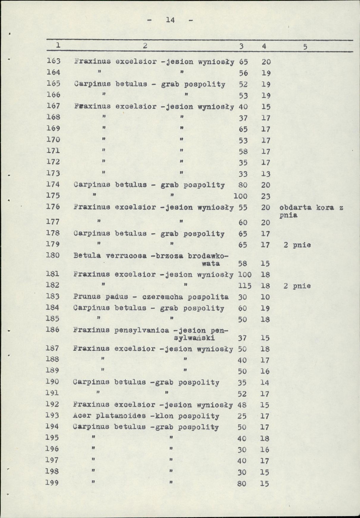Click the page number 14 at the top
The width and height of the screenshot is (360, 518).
(x=169, y=19)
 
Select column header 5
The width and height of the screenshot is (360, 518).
(x=305, y=47)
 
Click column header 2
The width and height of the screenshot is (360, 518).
(x=146, y=45)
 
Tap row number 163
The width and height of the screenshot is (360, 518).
(x=53, y=61)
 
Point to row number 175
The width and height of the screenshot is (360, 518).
(x=53, y=196)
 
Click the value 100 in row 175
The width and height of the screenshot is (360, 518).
(x=240, y=196)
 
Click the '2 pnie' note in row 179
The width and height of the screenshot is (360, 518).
(x=297, y=245)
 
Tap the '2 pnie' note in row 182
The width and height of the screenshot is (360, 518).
(x=297, y=286)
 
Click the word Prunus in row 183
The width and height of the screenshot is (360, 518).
(x=87, y=297)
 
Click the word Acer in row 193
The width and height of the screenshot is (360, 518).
(x=82, y=416)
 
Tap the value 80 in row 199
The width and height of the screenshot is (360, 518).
(x=242, y=484)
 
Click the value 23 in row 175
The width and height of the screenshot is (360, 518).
(x=265, y=196)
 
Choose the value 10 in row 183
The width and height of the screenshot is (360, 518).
(x=265, y=297)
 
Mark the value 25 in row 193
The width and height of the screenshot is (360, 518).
(x=242, y=416)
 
